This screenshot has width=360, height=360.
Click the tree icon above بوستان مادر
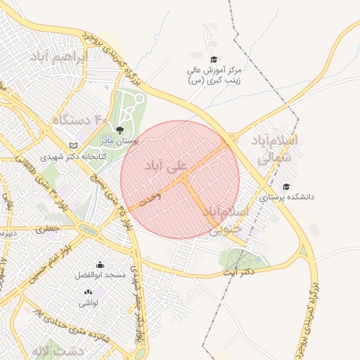[x=119, y=130]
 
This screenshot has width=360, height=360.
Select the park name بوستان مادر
[x=120, y=141]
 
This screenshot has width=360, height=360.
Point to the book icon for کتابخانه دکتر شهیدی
[x=71, y=146]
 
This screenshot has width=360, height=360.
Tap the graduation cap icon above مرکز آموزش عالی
[x=214, y=59]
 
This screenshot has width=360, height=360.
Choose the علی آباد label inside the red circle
[x=167, y=166]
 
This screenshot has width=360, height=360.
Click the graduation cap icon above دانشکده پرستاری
[x=285, y=186]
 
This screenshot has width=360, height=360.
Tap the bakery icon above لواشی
[x=88, y=292]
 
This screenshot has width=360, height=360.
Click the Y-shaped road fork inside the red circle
[x=184, y=180]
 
